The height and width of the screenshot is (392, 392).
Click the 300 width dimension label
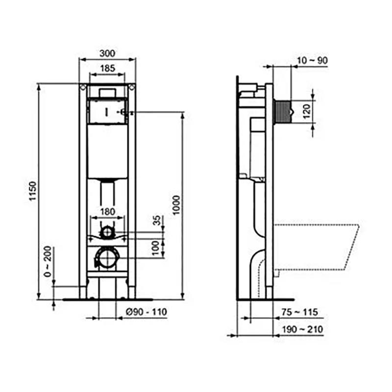[x=107, y=52]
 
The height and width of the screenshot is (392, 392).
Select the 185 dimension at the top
[x=107, y=69]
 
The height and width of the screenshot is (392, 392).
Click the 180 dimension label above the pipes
[x=107, y=211]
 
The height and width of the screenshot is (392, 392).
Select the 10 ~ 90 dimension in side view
[x=312, y=60]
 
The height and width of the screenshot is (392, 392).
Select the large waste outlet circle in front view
[x=107, y=257]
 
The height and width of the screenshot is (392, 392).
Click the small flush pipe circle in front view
[x=107, y=232]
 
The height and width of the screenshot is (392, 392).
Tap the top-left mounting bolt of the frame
[x=83, y=87]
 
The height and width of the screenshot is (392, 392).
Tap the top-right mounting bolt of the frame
[x=131, y=87]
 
